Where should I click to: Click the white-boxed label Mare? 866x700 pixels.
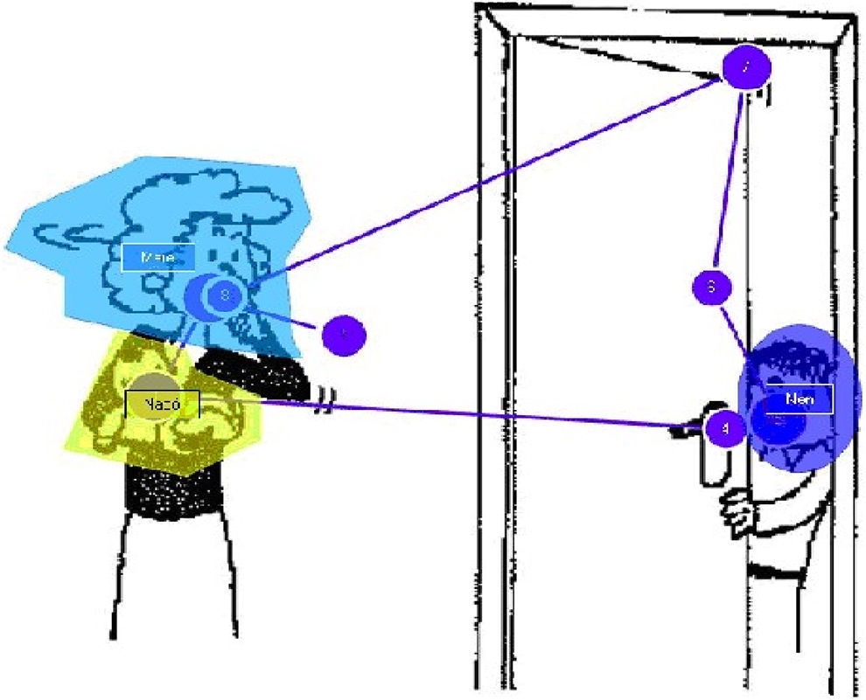(x=157, y=258)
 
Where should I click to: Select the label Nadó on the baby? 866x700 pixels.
(x=163, y=404)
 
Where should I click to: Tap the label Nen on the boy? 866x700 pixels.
(x=796, y=399)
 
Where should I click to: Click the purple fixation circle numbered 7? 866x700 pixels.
(x=746, y=67)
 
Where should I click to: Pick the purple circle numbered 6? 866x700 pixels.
(x=712, y=287)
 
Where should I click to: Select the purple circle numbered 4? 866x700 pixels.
(x=723, y=429)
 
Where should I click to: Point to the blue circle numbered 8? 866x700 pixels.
(x=224, y=296)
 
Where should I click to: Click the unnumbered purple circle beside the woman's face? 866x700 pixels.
(x=343, y=334)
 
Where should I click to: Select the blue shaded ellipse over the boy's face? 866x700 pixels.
(x=822, y=437)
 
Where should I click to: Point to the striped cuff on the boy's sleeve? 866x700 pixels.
(x=774, y=572)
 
